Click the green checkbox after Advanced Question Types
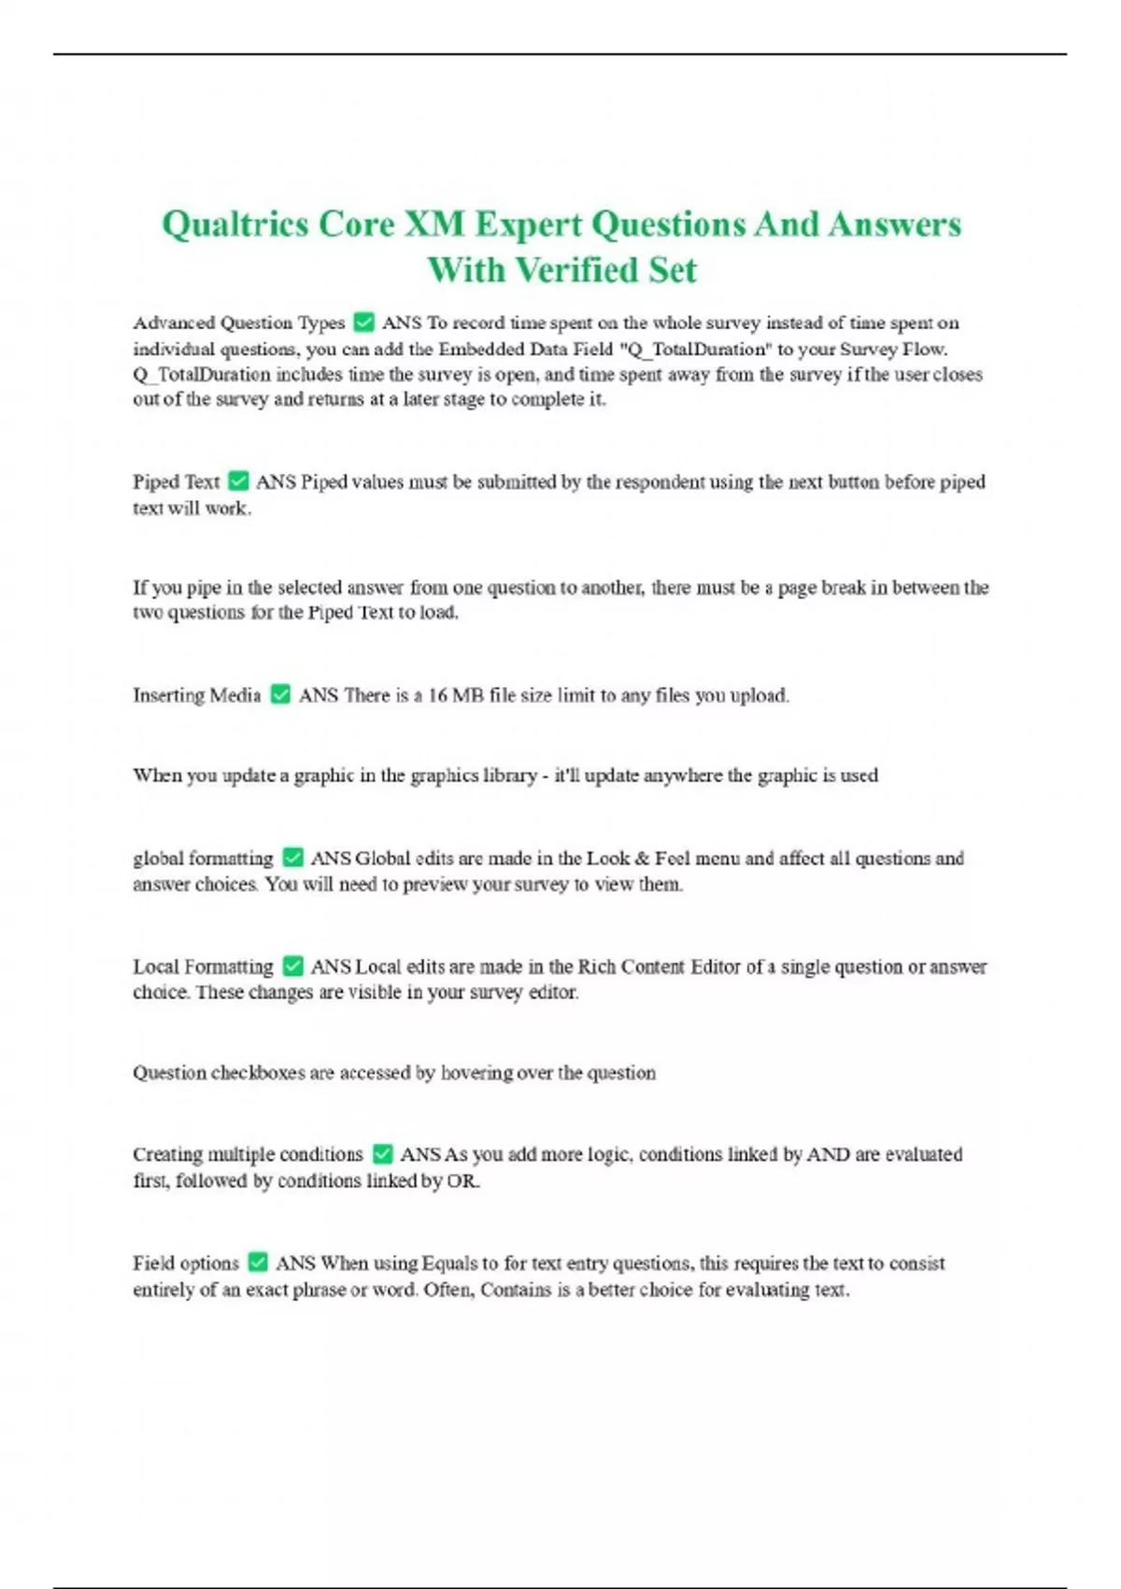coord(363,323)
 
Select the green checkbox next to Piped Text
coord(238,481)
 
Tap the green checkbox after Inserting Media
coord(280,694)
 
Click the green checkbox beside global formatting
coord(292,857)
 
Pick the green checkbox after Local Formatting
coord(292,966)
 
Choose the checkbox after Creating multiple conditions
coord(382,1154)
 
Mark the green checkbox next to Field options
coord(258,1263)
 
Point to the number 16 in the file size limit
coord(437,695)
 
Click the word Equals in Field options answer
coord(450,1264)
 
